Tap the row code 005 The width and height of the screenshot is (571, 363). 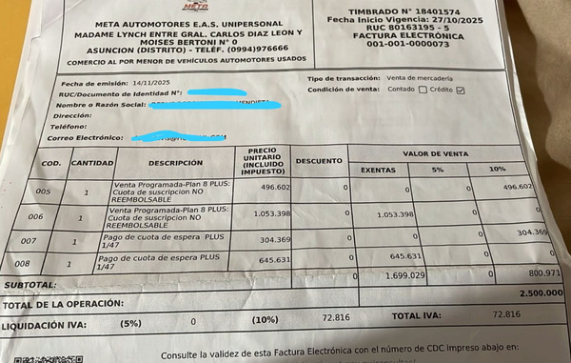[43, 191]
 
